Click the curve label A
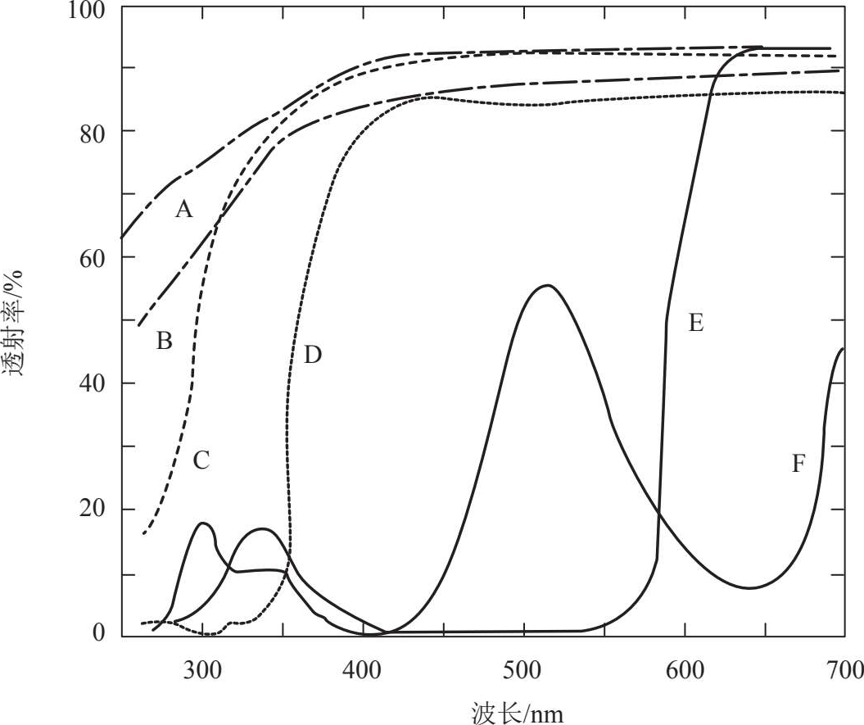pos(184,211)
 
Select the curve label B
pos(164,341)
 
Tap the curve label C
pos(201,460)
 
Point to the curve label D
pos(313,355)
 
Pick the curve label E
pos(695,323)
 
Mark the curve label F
pos(798,464)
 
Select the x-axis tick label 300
pos(202,669)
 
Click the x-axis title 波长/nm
pos(518,710)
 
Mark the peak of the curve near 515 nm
pos(546,285)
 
